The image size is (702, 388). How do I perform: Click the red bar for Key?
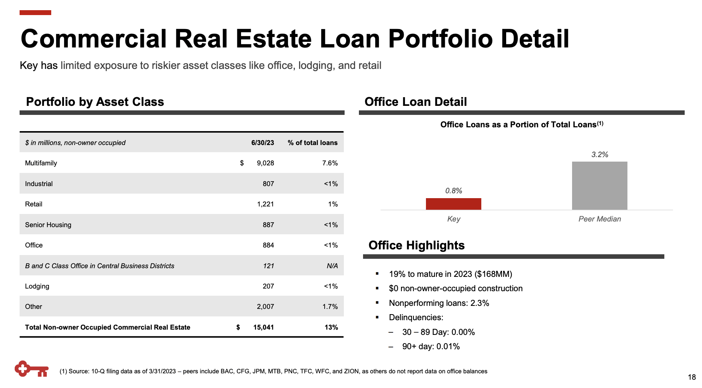point(453,204)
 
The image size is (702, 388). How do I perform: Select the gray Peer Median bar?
point(600,186)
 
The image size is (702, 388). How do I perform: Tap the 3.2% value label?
point(600,154)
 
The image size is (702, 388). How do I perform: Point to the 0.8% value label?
point(453,191)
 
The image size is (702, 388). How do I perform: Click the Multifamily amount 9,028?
point(265,163)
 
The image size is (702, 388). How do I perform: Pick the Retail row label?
point(34,204)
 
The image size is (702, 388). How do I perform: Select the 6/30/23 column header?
point(262,143)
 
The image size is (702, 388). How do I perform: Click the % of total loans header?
point(313,143)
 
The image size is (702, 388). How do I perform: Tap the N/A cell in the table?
point(332,266)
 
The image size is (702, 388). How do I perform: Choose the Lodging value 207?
point(268,286)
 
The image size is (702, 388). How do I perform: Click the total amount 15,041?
point(263,327)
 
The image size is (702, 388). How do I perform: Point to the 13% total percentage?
point(331,327)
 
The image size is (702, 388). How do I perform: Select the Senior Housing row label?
point(48,225)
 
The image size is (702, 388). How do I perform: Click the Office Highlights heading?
point(416,245)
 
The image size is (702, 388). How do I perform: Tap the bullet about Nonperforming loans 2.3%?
point(439,303)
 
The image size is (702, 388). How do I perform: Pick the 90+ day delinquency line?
point(431,347)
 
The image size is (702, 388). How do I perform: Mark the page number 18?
point(691,377)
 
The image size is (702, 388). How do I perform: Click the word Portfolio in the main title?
point(440,39)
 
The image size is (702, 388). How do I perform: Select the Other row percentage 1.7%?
point(330,307)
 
